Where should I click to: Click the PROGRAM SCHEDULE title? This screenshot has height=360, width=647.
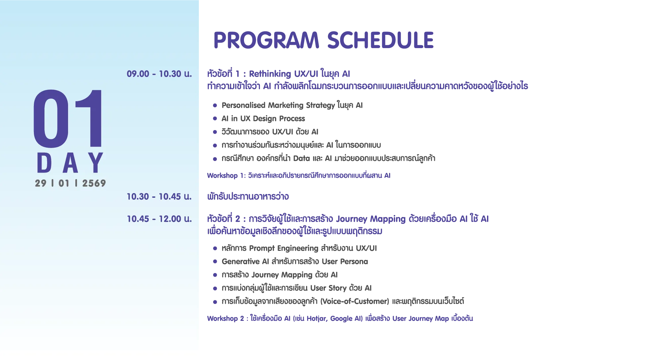(323, 40)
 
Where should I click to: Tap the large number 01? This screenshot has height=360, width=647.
(68, 118)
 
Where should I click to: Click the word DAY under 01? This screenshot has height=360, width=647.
(70, 163)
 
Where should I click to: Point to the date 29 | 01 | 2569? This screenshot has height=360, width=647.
(70, 183)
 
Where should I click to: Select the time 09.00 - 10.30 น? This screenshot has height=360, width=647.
(159, 74)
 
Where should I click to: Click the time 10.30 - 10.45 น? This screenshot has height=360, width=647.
(159, 196)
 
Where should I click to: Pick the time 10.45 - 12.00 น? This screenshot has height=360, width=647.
(159, 219)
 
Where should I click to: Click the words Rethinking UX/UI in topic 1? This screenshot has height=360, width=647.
(283, 74)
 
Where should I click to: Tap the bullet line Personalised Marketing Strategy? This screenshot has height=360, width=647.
(292, 105)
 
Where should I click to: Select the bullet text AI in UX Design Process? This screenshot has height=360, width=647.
(263, 118)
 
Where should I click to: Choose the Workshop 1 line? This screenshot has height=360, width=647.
(299, 175)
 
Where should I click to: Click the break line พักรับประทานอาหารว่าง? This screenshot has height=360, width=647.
(248, 196)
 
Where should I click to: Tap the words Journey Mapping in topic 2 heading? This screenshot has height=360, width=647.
(371, 219)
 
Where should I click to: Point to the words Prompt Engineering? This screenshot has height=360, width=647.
(283, 249)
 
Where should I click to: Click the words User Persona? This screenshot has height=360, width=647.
(345, 261)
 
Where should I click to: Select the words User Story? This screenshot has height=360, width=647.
(328, 288)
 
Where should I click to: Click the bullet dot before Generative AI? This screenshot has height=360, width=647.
(215, 261)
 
